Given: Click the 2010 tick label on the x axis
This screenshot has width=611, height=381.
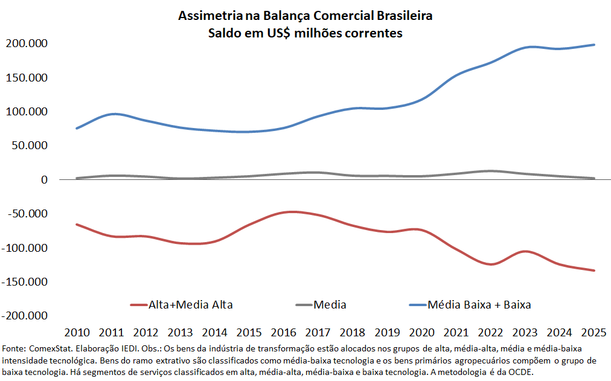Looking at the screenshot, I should click(77, 332).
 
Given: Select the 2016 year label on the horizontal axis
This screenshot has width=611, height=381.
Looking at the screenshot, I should click(284, 332).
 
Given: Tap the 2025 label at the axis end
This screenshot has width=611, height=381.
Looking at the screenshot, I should click(594, 332).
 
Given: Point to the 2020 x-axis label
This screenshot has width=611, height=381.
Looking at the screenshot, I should click(421, 332).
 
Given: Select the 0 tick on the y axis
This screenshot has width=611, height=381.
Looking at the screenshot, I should click(43, 179).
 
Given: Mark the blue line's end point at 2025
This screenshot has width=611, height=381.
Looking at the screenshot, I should click(594, 45).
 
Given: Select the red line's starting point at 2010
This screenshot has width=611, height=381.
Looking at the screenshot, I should click(77, 224).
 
